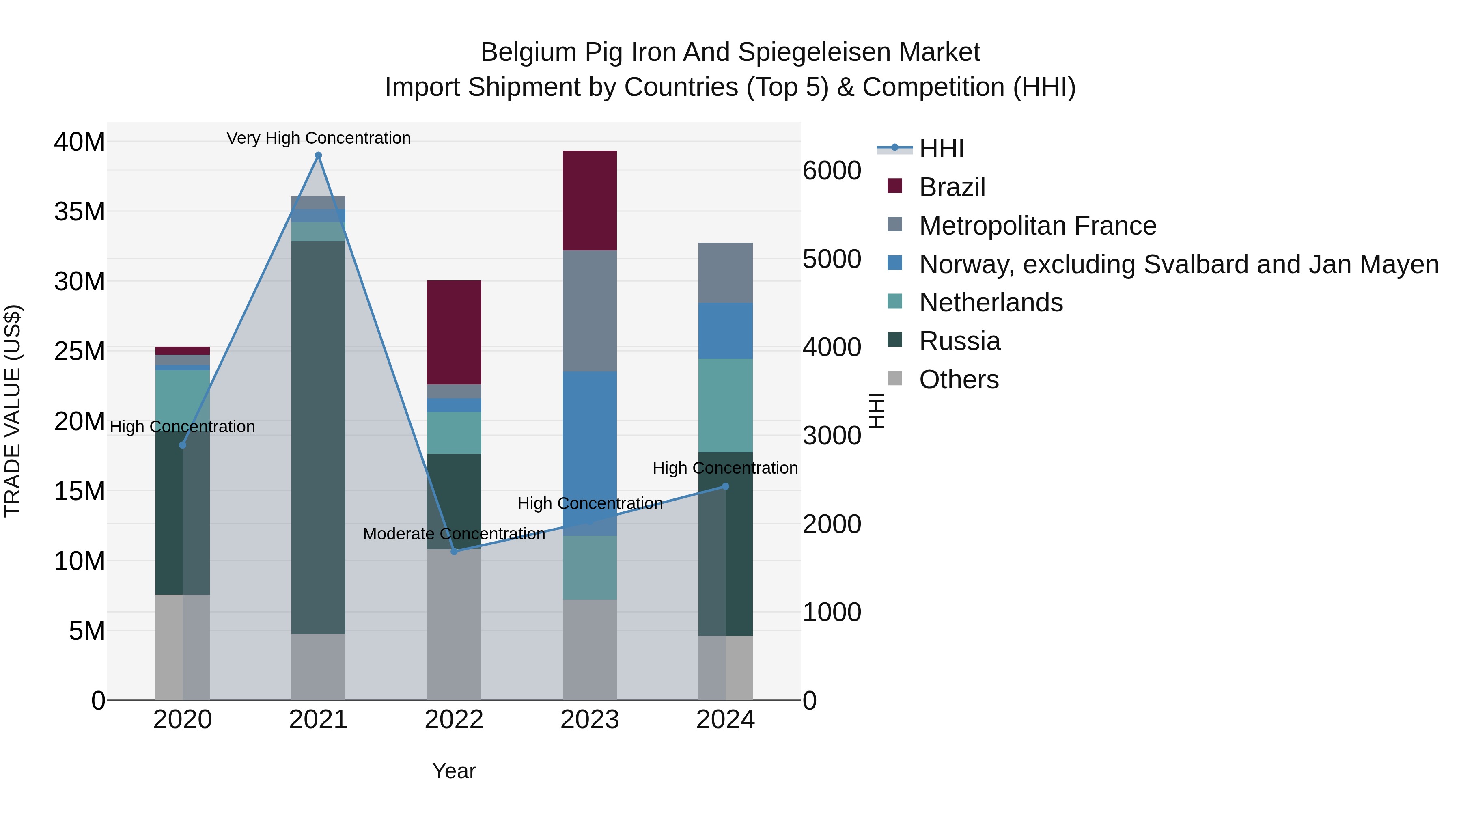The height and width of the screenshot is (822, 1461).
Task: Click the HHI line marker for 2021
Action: (x=318, y=155)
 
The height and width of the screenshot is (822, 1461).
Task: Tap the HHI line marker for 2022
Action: (x=454, y=551)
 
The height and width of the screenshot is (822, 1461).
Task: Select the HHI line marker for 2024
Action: (x=725, y=486)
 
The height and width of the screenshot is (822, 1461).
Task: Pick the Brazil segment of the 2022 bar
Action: (x=454, y=332)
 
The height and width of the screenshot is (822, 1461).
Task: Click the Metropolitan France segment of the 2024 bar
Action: (x=725, y=273)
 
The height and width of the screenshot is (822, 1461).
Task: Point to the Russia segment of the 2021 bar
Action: (x=318, y=437)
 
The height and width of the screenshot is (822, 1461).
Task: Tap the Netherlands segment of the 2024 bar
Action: (x=725, y=405)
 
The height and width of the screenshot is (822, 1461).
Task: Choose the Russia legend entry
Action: (x=960, y=341)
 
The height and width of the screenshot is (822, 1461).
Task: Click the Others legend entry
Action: (x=959, y=380)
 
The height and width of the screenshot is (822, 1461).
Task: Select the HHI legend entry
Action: (x=942, y=149)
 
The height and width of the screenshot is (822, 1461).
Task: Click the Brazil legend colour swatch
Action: (x=894, y=186)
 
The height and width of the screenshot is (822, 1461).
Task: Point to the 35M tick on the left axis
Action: (x=80, y=211)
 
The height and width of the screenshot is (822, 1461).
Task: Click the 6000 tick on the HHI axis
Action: (x=832, y=171)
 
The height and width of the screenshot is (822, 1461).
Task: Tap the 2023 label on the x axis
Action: (x=590, y=720)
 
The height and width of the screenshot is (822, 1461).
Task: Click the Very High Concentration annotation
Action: (x=319, y=138)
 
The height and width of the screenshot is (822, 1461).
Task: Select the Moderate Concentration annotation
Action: (x=454, y=534)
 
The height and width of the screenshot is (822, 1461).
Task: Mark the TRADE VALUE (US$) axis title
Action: (x=13, y=411)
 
